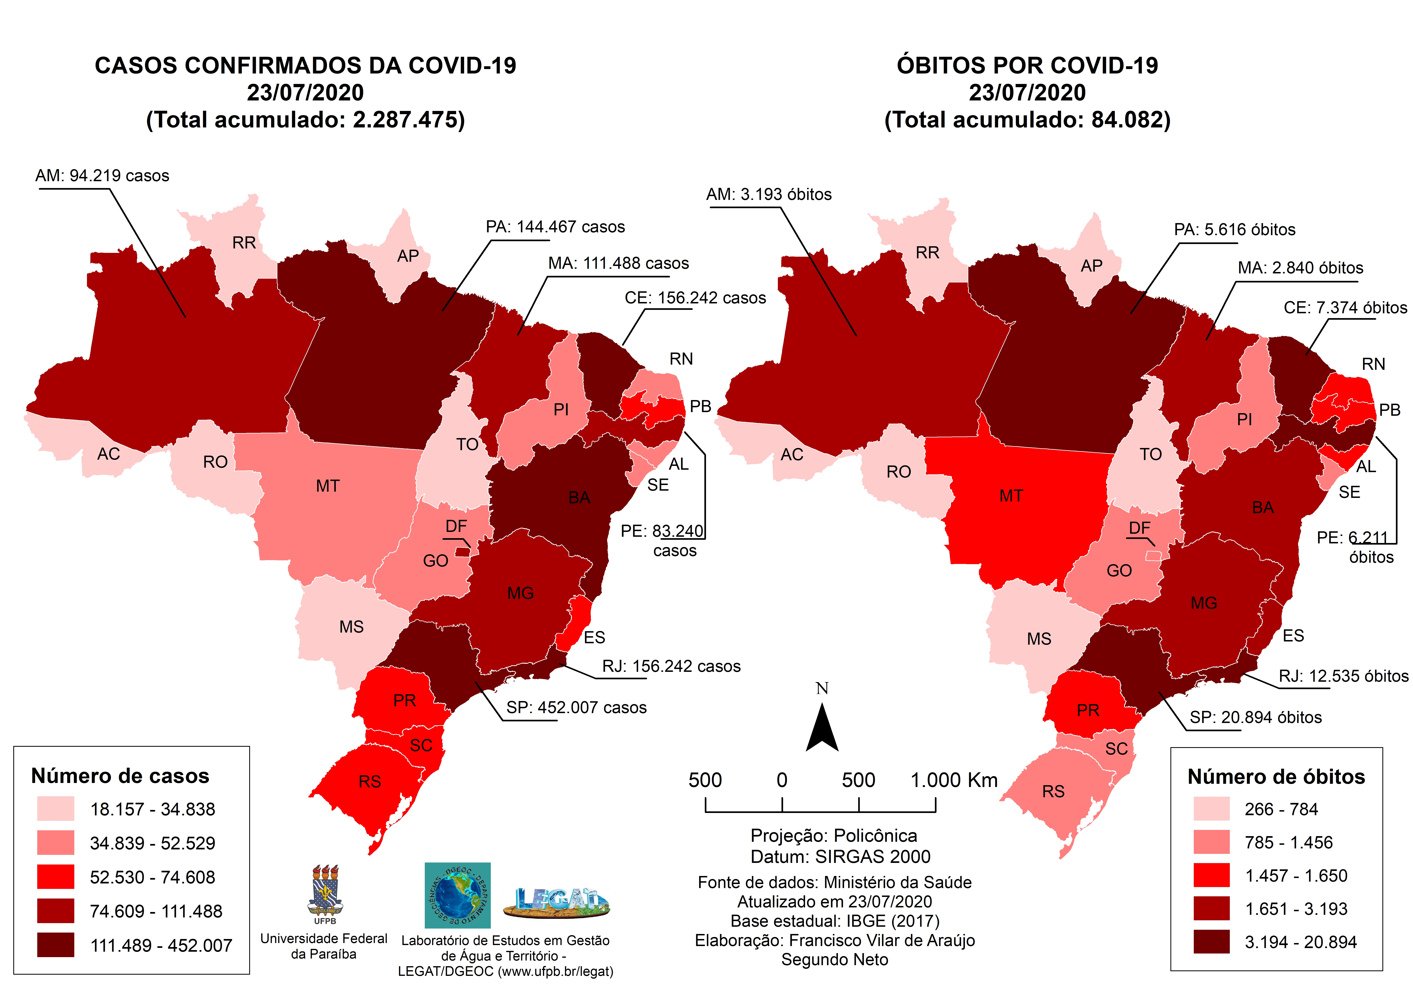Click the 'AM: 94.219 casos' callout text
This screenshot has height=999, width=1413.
click(102, 176)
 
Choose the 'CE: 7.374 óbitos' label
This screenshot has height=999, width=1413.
click(1345, 308)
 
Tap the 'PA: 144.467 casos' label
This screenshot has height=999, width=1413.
click(555, 227)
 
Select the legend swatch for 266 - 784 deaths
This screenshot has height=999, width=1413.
click(1211, 809)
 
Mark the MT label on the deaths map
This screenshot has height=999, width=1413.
click(1011, 496)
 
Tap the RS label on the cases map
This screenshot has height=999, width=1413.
click(370, 782)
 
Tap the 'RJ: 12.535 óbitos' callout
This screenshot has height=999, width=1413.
click(1343, 676)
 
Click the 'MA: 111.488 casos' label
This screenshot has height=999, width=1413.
click(618, 264)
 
